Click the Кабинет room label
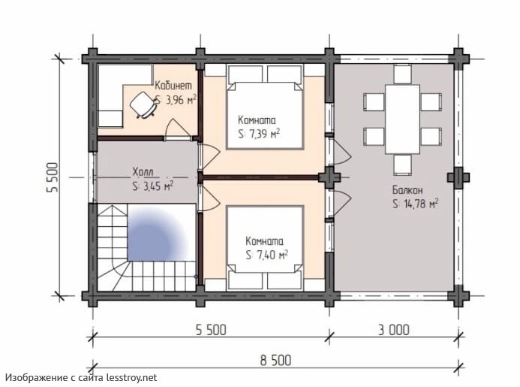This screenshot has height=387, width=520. tap(173, 86)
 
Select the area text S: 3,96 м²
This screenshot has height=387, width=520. tap(176, 100)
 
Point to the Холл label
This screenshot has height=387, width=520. tap(143, 172)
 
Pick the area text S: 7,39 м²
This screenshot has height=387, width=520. tap(259, 134)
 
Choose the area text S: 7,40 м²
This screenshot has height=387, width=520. tap(267, 255)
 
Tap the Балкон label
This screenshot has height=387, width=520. tap(407, 190)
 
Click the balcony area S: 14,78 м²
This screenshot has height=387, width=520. tap(415, 204)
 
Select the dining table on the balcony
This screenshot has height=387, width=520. tap(402, 119)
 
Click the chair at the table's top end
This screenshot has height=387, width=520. tap(403, 74)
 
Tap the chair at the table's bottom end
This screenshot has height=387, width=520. tap(403, 165)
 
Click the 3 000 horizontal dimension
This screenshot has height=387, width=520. tap(394, 330)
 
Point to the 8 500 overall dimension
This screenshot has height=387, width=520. tap(275, 361)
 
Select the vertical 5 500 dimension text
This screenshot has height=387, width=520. tap(53, 177)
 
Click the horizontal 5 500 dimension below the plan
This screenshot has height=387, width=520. tap(212, 330)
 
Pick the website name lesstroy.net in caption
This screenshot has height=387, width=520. tap(131, 378)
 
